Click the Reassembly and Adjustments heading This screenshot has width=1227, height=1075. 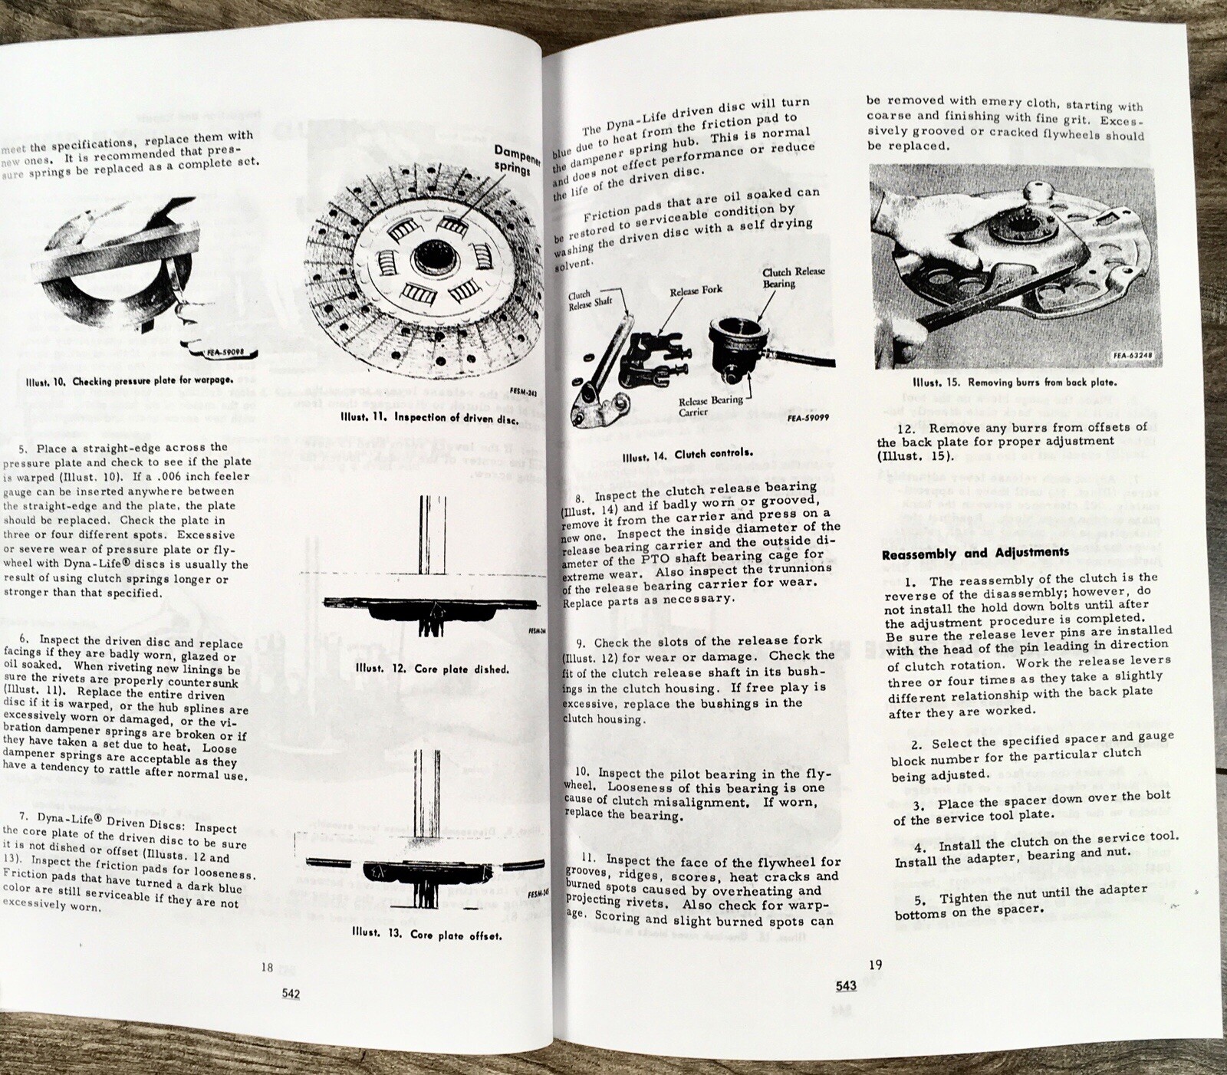975,552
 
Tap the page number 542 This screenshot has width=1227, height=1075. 291,994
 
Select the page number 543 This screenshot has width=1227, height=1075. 846,986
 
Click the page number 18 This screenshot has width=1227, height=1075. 267,968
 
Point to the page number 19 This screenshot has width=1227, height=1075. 875,965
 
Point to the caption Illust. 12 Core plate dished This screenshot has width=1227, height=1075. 433,669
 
